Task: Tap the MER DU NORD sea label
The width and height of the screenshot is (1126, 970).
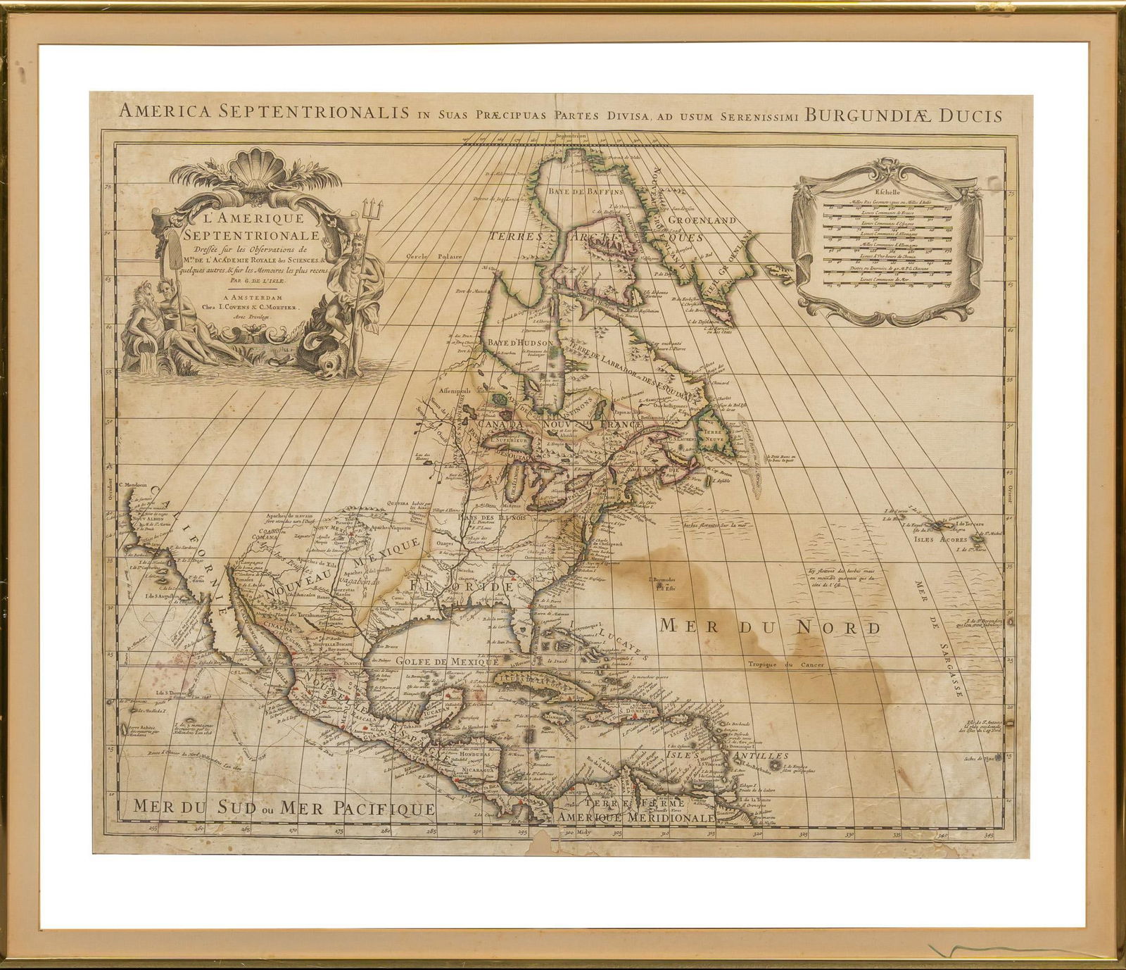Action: [x=770, y=626]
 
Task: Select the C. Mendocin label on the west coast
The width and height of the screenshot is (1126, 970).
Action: [x=139, y=484]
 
